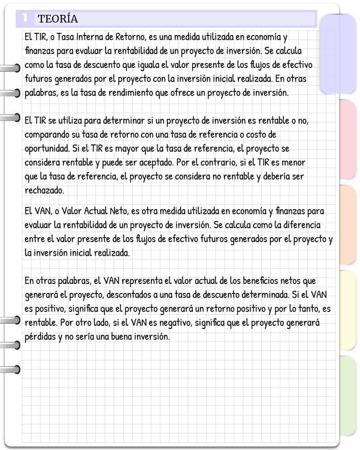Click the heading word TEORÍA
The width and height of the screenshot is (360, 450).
coord(58,19)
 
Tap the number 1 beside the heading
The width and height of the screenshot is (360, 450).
coord(24,19)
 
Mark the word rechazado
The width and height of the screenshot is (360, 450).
coord(44,189)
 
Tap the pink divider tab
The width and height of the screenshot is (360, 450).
coord(346,139)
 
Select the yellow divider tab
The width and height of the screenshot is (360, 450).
coord(346,310)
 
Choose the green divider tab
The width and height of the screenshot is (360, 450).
coord(346,395)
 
